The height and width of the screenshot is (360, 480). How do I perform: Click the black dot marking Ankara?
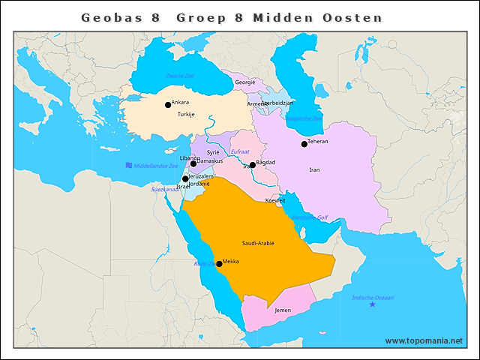pyautogui.click(x=168, y=105)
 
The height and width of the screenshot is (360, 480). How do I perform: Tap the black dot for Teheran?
pyautogui.click(x=304, y=144)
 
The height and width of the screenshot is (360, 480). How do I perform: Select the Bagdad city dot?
pyautogui.click(x=253, y=165)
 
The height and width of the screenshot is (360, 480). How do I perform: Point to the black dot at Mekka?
pyautogui.click(x=219, y=264)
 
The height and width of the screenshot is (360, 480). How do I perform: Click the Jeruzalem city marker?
pyautogui.click(x=185, y=178)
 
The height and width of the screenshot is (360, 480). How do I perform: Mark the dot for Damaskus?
pyautogui.click(x=193, y=163)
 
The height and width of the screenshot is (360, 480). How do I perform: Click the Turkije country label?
pyautogui.click(x=186, y=115)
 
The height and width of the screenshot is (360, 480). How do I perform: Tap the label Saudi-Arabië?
pyautogui.click(x=258, y=244)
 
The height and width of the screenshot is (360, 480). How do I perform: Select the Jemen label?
pyautogui.click(x=283, y=310)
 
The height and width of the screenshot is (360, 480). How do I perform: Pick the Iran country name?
pyautogui.click(x=314, y=170)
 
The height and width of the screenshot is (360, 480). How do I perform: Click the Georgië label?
pyautogui.click(x=245, y=82)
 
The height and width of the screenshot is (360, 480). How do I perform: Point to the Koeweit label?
pyautogui.click(x=275, y=201)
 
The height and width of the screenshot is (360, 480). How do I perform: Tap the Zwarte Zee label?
pyautogui.click(x=180, y=76)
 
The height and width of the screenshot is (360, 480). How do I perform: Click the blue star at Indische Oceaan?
pyautogui.click(x=372, y=304)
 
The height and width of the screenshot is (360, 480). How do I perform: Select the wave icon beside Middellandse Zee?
pyautogui.click(x=129, y=165)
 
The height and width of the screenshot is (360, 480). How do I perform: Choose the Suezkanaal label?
pyautogui.click(x=166, y=190)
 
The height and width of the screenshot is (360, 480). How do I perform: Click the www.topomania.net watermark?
pyautogui.click(x=424, y=340)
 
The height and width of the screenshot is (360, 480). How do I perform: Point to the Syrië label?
pyautogui.click(x=213, y=151)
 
